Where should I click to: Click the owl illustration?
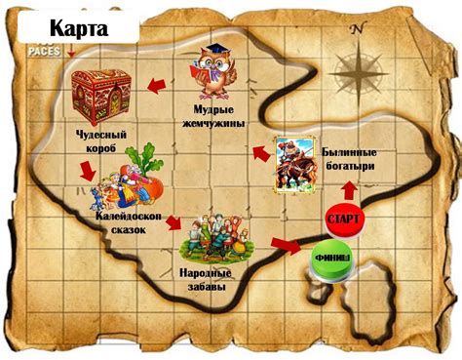[213, 74]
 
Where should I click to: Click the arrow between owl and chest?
[156, 88]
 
